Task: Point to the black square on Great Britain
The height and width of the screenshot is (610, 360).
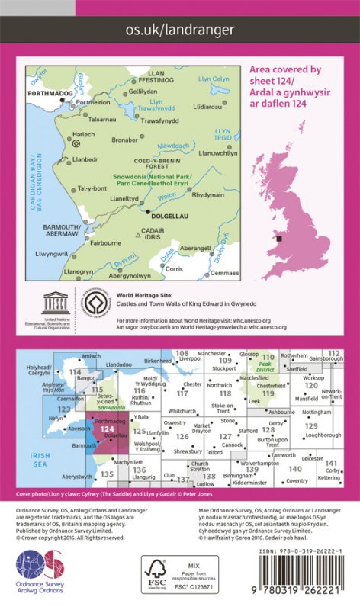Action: pos(279,239)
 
